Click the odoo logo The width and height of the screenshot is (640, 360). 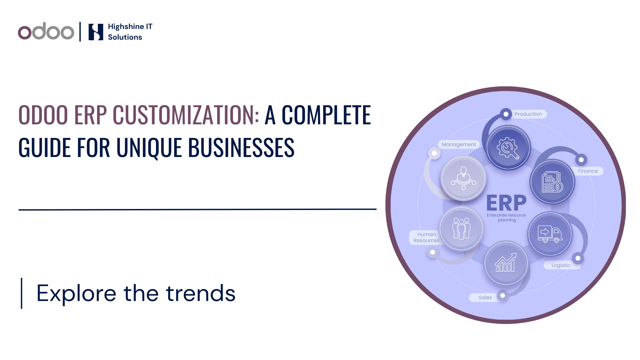[x=46, y=31]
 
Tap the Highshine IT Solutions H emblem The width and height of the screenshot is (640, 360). [x=96, y=32]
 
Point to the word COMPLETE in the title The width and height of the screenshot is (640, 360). [x=326, y=115]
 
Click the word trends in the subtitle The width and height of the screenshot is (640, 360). [x=201, y=293]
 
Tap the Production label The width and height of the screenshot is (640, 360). [x=528, y=114]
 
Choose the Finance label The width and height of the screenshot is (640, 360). [x=588, y=171]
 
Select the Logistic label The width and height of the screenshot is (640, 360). [x=561, y=265]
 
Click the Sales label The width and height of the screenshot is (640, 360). [x=485, y=297]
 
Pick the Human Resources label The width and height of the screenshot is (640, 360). [x=426, y=237]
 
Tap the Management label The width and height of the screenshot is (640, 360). [x=459, y=144]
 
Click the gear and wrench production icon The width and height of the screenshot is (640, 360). [x=508, y=148]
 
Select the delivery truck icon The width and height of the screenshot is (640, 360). [x=550, y=234]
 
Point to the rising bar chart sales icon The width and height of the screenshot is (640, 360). [x=506, y=262]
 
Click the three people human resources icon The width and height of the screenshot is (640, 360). [x=461, y=228]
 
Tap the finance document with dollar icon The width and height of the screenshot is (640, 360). [x=552, y=182]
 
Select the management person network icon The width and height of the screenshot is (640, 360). [x=463, y=178]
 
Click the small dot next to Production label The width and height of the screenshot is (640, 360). [x=506, y=114]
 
